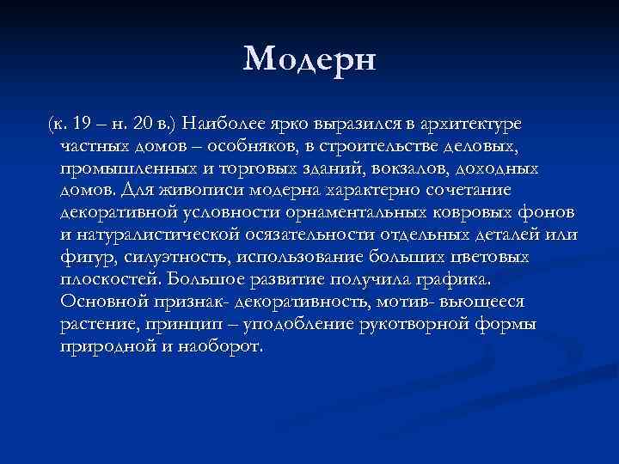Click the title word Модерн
tap(310, 60)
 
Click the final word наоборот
tap(215, 346)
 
